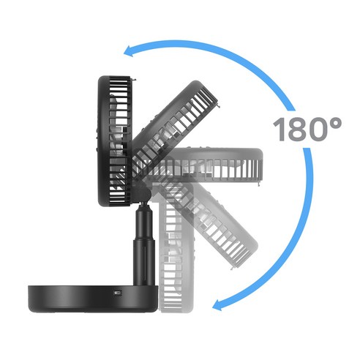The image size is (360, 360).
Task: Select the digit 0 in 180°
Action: coord(318,130)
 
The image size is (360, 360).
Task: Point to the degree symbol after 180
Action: coord(335,124)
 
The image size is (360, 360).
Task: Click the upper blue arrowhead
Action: coord(130,51)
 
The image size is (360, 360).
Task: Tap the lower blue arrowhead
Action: coord(218,305)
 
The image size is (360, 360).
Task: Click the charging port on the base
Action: coord(119,293)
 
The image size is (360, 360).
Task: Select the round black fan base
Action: coord(93,299)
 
